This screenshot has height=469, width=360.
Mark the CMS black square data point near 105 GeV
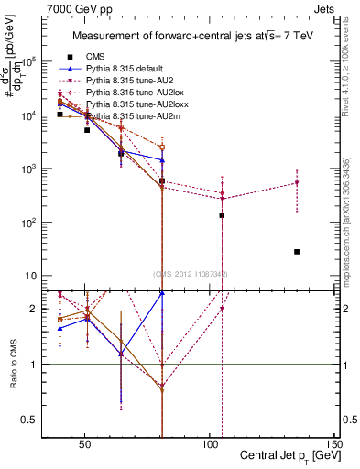pyautogui.click(x=222, y=215)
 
